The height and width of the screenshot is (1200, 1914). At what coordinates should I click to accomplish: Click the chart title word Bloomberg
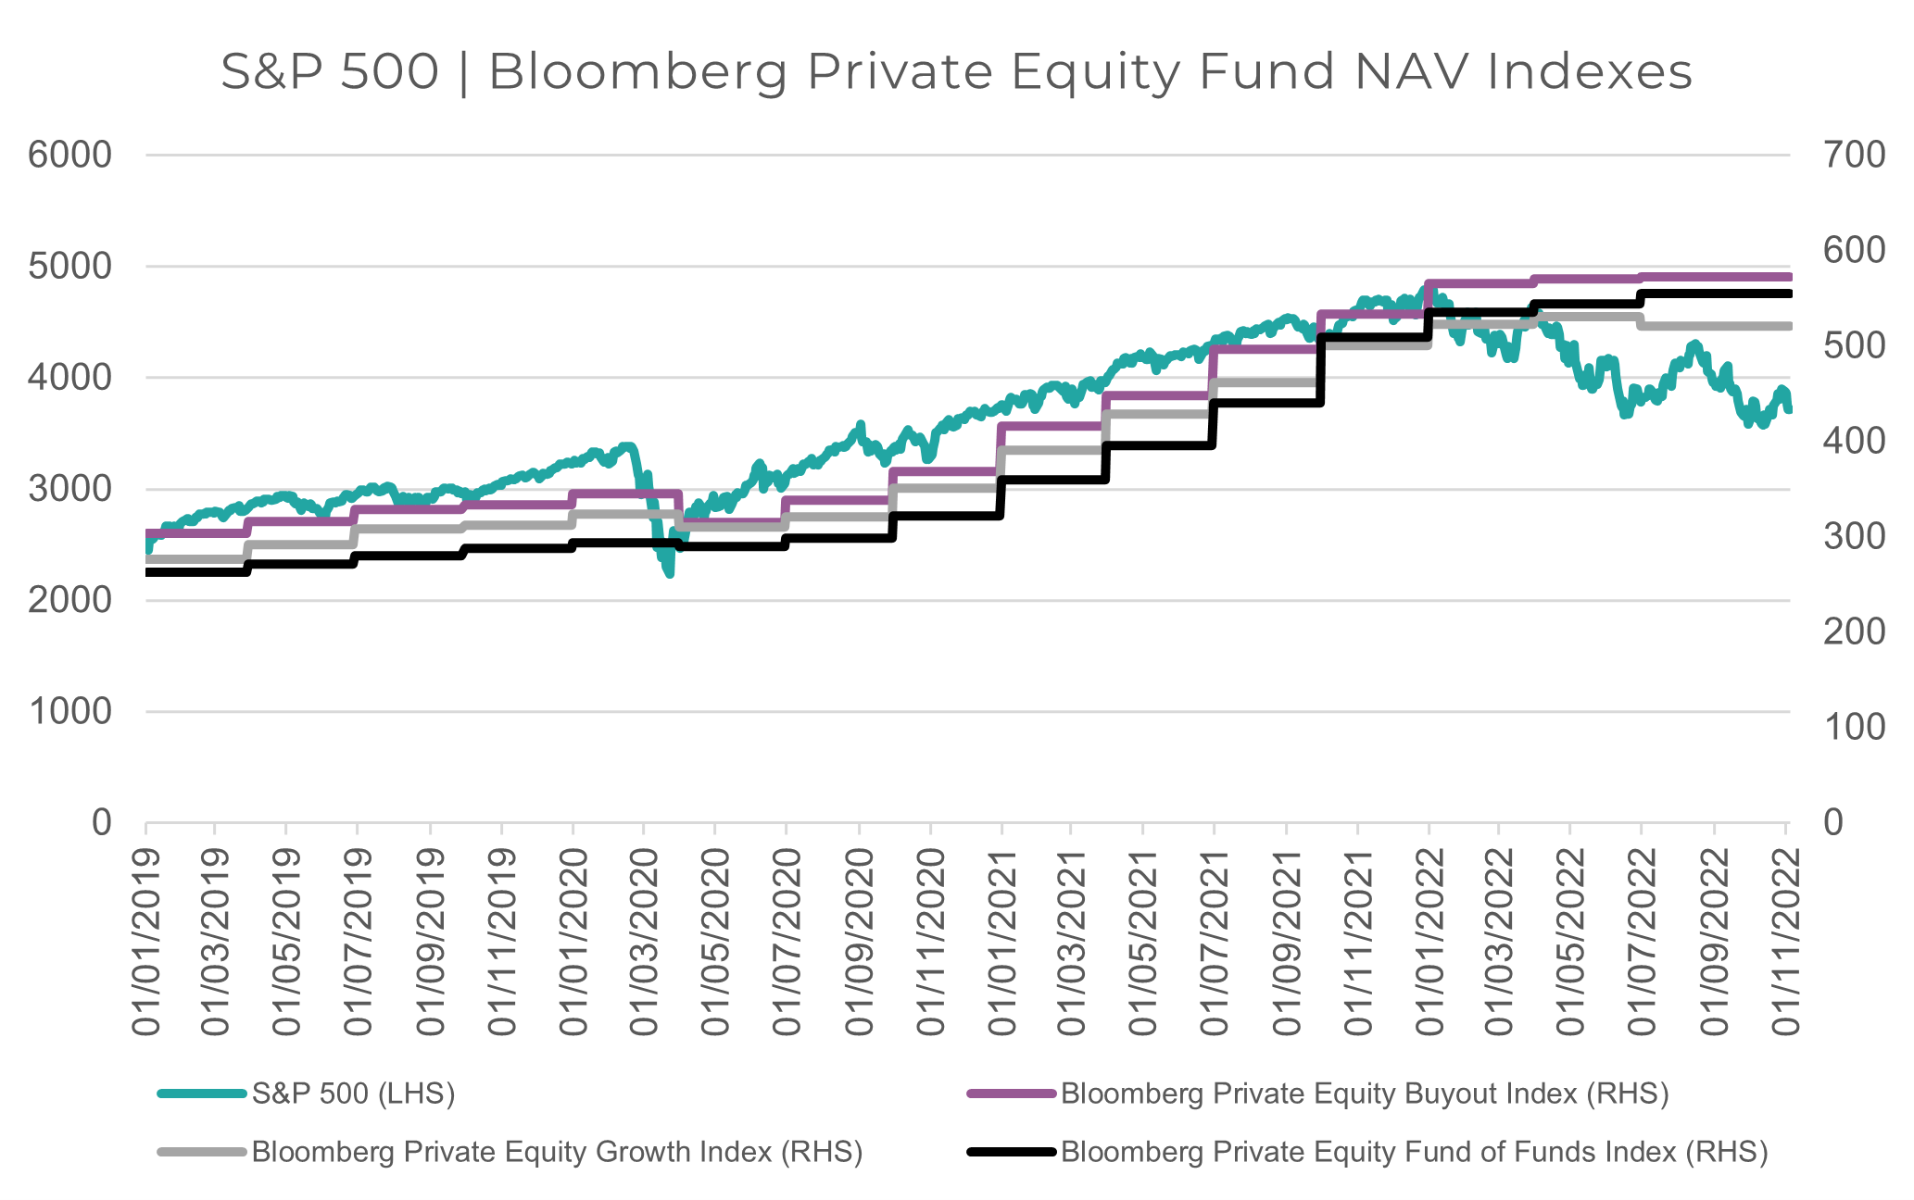click(638, 72)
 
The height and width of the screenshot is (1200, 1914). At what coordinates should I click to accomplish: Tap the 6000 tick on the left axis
click(69, 155)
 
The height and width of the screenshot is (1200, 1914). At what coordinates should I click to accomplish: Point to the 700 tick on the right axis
click(1854, 155)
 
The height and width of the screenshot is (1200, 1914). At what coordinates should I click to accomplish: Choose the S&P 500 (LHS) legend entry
click(353, 1094)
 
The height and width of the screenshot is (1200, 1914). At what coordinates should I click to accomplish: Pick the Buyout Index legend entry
click(1364, 1094)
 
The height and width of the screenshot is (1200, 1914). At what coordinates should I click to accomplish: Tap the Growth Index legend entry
click(557, 1152)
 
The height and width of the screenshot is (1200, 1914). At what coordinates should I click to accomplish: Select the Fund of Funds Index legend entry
click(1414, 1152)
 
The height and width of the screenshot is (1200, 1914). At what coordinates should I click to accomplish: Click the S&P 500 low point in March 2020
click(669, 574)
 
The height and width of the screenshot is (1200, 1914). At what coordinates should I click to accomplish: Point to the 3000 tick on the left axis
click(69, 489)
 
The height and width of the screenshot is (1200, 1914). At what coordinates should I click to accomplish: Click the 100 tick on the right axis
click(1854, 728)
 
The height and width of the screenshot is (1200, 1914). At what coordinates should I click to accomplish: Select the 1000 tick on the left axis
click(69, 711)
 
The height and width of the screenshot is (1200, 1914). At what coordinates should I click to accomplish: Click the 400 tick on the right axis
click(1854, 441)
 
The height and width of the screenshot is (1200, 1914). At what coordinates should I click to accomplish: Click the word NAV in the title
click(1412, 72)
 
